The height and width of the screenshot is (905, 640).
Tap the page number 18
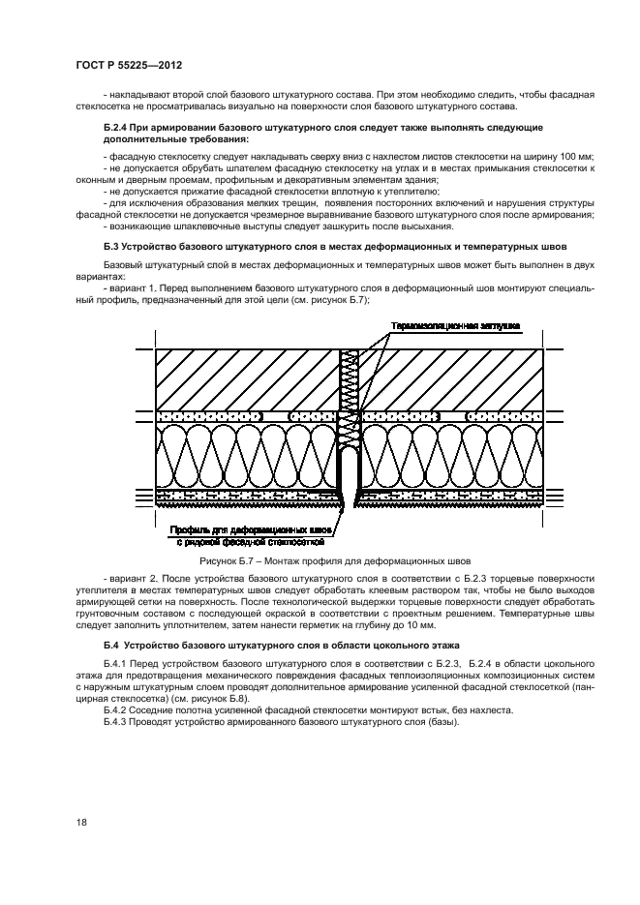click(x=80, y=821)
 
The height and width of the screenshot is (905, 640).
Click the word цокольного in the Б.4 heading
click(x=363, y=644)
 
